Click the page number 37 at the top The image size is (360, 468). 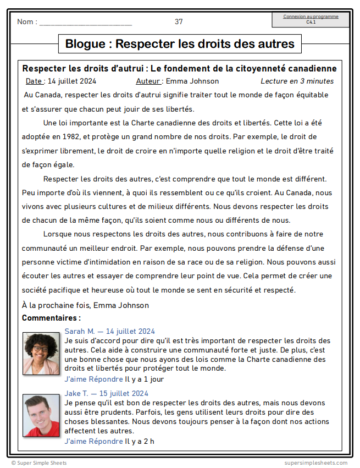179,22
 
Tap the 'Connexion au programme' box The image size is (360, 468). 311,19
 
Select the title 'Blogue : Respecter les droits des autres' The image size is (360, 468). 180,44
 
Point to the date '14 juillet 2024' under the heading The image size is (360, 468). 72,81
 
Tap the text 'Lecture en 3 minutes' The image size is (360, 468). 297,81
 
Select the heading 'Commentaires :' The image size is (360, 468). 51,318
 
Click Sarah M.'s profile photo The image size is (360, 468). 41,353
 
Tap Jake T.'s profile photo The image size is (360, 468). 41,415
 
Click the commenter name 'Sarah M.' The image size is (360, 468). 80,331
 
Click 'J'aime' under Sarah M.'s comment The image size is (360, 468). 76,379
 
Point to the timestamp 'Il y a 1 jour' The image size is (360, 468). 144,379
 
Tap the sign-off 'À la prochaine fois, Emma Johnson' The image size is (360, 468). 85,305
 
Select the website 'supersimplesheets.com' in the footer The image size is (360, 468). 316,463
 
